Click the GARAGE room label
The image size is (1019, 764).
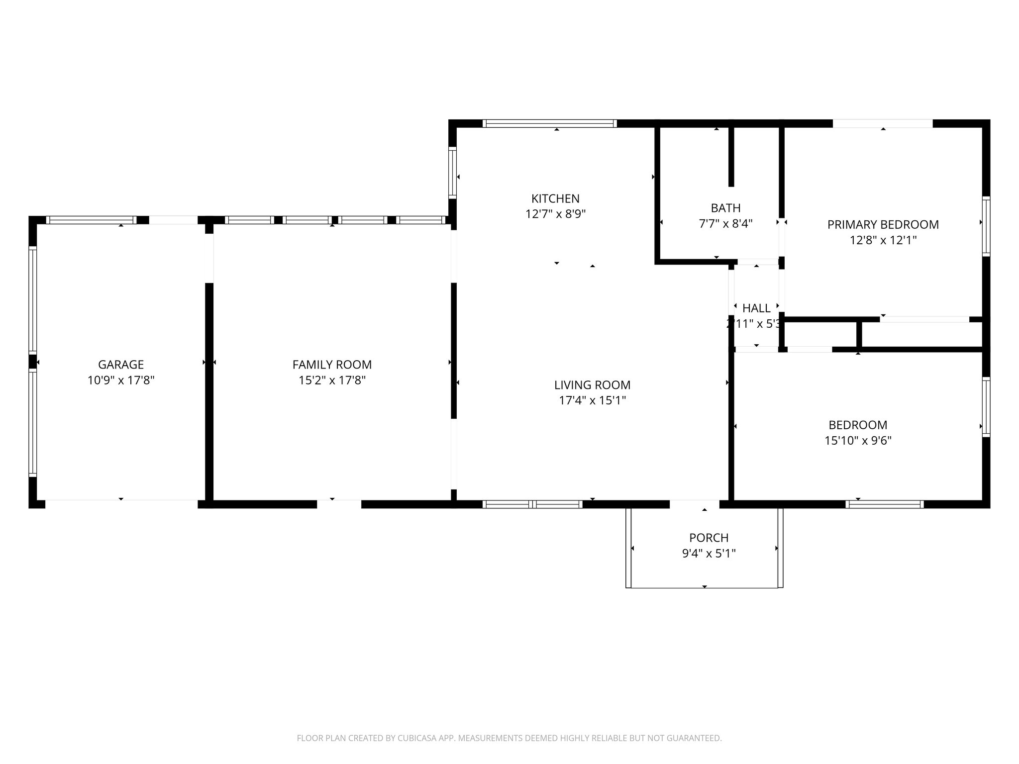tap(121, 365)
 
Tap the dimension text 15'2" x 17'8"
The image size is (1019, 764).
tap(332, 381)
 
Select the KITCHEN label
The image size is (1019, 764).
tap(555, 199)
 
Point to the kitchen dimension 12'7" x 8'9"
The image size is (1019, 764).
tap(555, 214)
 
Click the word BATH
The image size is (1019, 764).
tap(725, 208)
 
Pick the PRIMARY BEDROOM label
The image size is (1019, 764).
tap(883, 225)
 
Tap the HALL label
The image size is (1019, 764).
tap(756, 308)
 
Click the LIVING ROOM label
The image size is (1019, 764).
tap(592, 385)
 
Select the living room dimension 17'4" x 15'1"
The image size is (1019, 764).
tap(592, 400)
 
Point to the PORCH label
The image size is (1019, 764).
tap(709, 538)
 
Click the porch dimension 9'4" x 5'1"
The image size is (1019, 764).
tap(709, 553)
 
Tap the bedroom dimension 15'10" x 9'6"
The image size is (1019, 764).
tap(858, 441)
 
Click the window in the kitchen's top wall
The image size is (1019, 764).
tap(549, 123)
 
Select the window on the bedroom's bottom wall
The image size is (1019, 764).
tap(884, 504)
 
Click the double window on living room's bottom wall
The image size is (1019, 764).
tap(532, 504)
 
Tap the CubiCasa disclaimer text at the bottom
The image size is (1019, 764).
tap(509, 739)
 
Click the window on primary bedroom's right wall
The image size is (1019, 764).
tap(986, 226)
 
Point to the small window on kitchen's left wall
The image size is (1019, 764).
tap(452, 173)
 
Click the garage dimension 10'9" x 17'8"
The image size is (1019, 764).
tap(121, 381)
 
